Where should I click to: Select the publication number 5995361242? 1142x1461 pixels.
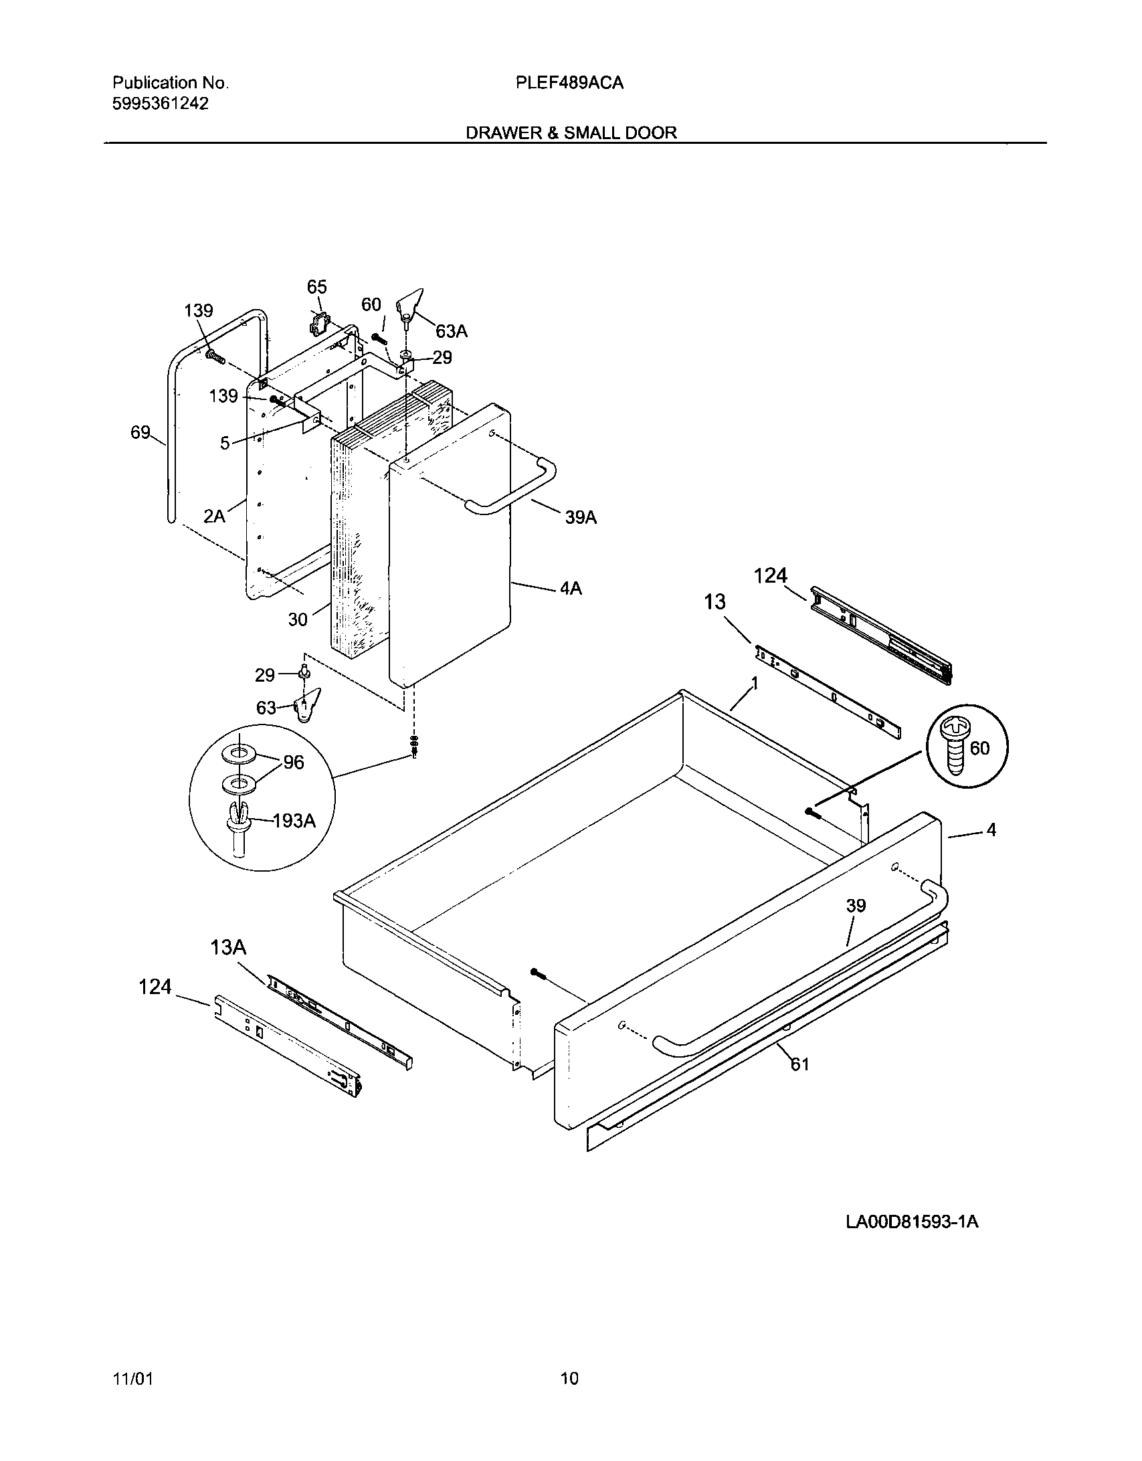point(161,104)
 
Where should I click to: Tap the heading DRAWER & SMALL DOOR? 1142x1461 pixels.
point(571,133)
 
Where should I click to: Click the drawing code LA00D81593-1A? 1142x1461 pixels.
point(912,1222)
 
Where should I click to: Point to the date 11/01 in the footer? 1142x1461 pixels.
point(133,1378)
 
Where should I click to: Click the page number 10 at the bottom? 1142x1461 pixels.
point(569,1378)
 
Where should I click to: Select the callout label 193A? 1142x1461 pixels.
point(294,821)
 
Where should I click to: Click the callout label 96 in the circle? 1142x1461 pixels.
point(294,762)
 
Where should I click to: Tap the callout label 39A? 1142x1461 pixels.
point(580,517)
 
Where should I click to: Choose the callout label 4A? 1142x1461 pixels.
point(570,589)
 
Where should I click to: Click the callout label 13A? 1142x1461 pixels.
point(229,947)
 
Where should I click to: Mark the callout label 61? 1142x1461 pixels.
point(800,1064)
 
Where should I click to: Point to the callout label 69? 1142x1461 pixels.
point(140,433)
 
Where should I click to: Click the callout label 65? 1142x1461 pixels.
point(316,287)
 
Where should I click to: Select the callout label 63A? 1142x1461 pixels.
point(451,331)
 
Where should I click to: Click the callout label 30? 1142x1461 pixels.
point(298,619)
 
